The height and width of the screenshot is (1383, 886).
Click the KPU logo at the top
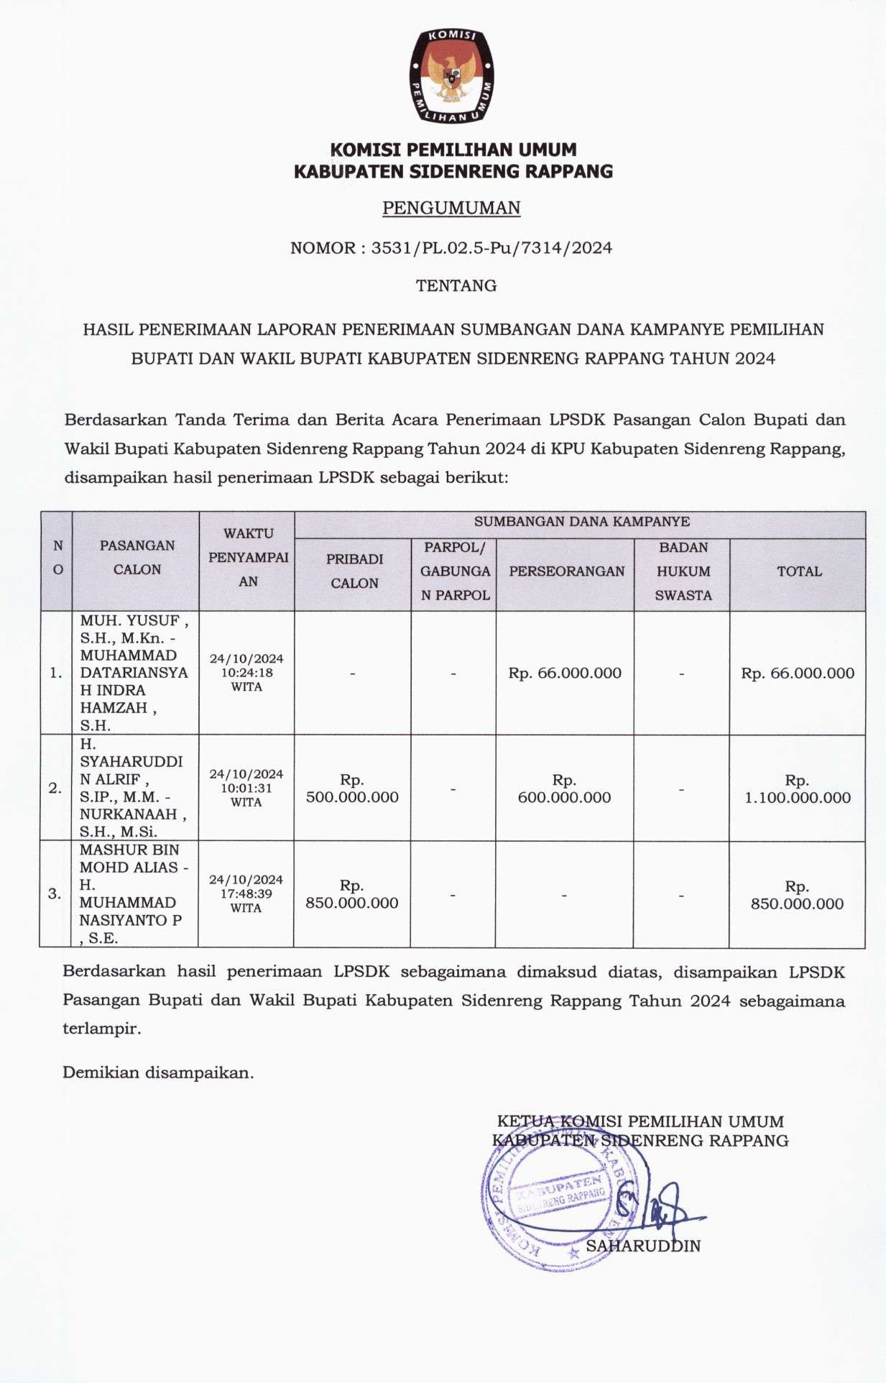(x=451, y=75)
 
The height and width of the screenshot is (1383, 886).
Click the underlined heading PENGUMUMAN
(x=451, y=208)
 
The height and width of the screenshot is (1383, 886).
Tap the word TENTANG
(x=456, y=285)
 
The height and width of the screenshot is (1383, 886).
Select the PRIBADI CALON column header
(x=354, y=571)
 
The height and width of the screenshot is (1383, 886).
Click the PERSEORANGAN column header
(x=566, y=571)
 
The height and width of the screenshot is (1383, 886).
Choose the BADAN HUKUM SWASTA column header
(x=683, y=571)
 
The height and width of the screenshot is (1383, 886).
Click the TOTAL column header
(x=799, y=571)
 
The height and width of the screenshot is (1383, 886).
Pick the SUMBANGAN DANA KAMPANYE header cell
(x=581, y=522)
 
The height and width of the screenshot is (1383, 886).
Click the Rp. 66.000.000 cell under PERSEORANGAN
(x=565, y=674)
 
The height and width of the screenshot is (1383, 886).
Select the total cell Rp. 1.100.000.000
(x=797, y=789)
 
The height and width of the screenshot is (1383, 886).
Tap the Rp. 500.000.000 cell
(x=352, y=789)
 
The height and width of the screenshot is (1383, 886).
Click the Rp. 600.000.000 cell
(x=564, y=789)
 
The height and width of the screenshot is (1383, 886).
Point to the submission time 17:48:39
(x=246, y=894)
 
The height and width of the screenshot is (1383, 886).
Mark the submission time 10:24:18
(x=246, y=673)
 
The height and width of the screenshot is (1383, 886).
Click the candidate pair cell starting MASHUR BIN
(x=134, y=893)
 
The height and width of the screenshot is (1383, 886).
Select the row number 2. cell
(x=55, y=789)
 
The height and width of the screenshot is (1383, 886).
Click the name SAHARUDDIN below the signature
(x=643, y=1246)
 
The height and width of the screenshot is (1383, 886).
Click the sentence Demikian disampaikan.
(x=158, y=1072)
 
